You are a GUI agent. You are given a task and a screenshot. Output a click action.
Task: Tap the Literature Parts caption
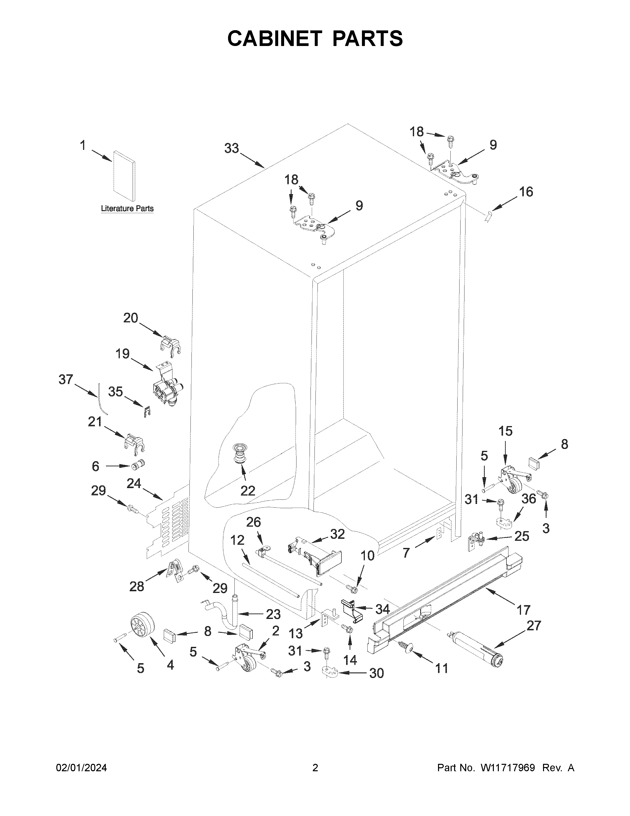coord(127,208)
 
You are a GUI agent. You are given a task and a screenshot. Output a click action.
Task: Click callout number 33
coord(231,149)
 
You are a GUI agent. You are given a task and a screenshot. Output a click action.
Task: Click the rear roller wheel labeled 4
coord(142,625)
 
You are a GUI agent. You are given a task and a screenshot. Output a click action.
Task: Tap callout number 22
coord(248,490)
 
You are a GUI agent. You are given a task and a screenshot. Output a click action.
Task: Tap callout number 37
coord(66,380)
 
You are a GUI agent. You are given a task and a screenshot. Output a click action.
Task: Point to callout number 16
coord(526,192)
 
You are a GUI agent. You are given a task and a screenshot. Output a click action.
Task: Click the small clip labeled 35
coord(148,411)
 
